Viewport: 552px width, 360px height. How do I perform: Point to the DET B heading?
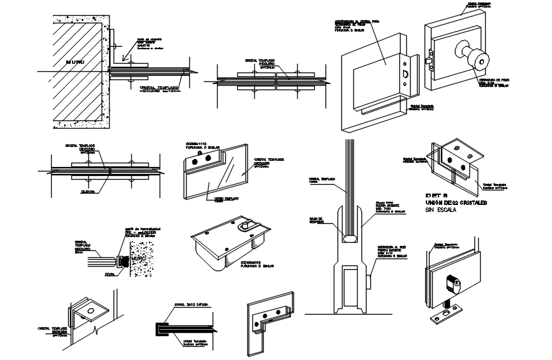437,194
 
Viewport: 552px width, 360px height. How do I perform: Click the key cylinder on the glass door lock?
452,283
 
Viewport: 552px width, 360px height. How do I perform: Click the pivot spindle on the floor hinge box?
248,225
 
